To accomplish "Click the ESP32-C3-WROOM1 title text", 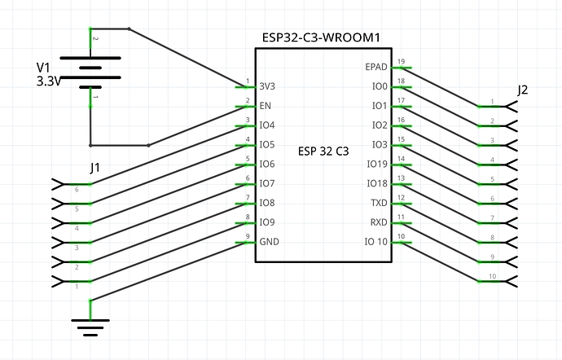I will point(323,37).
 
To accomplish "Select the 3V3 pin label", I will point(266,86).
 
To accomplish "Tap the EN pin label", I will point(265,106).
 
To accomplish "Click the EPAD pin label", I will point(377,67).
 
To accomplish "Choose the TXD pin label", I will point(379,204).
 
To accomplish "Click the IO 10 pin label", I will point(375,242).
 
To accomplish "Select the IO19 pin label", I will point(376,165).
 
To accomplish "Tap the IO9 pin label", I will point(266,223).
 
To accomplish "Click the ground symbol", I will point(90,326).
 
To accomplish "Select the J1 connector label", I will point(95,168).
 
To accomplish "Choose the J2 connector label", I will point(522,90).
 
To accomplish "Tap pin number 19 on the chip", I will point(401,62).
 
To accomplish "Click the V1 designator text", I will point(45,68).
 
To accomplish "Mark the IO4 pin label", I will point(266,125).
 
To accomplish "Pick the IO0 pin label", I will point(379,86).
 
